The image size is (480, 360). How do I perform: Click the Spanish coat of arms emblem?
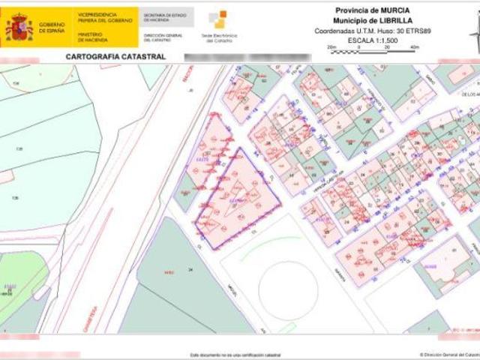point(19,27)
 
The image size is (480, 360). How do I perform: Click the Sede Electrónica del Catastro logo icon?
point(217,19)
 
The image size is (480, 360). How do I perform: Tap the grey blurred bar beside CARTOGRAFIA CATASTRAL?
point(225,56)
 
